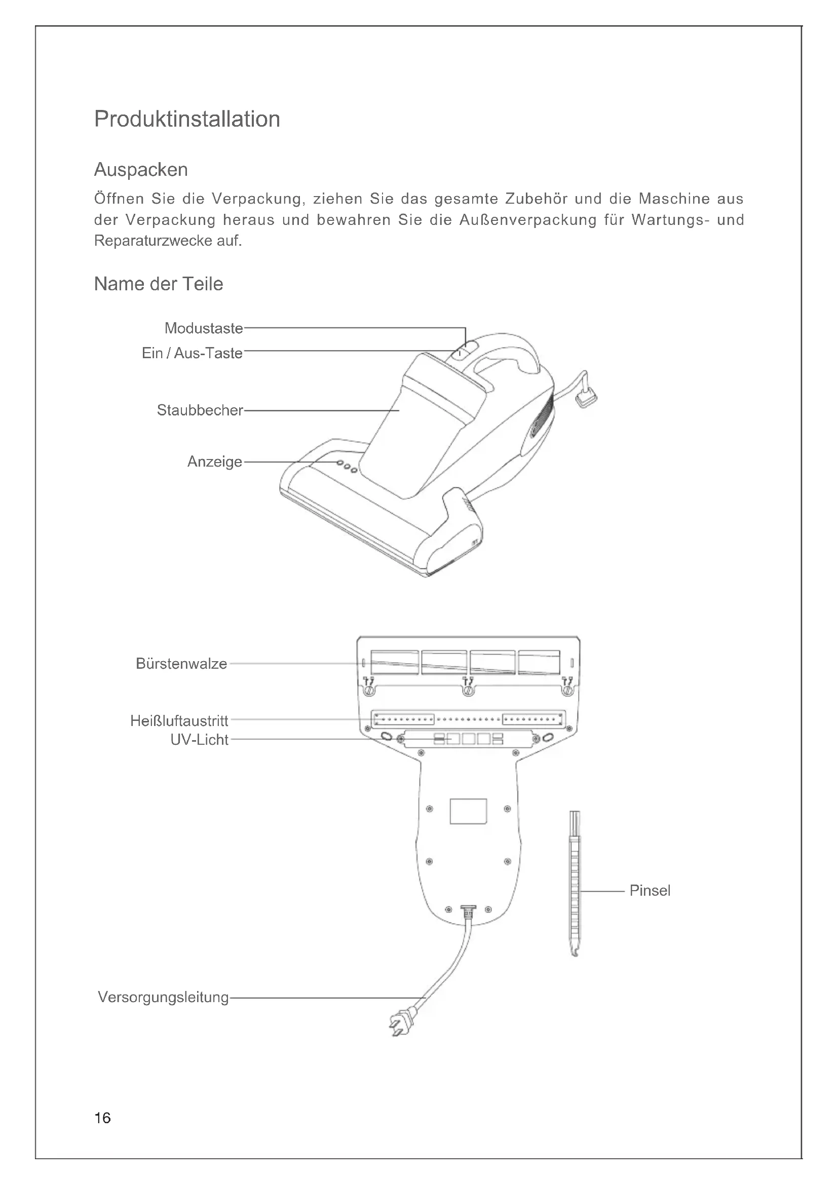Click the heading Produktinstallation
tap(187, 119)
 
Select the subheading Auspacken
tap(141, 170)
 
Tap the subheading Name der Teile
tap(159, 284)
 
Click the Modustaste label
tap(203, 328)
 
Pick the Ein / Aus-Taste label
tap(192, 353)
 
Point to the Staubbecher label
tap(200, 410)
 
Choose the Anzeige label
tap(215, 462)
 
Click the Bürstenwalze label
tap(181, 664)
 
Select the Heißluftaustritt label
tap(179, 720)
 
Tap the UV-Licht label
tap(199, 740)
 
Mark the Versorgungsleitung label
tap(163, 997)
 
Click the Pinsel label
tap(650, 890)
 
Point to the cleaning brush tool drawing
tap(575, 883)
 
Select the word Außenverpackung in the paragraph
tap(528, 220)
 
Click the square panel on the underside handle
tap(468, 811)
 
